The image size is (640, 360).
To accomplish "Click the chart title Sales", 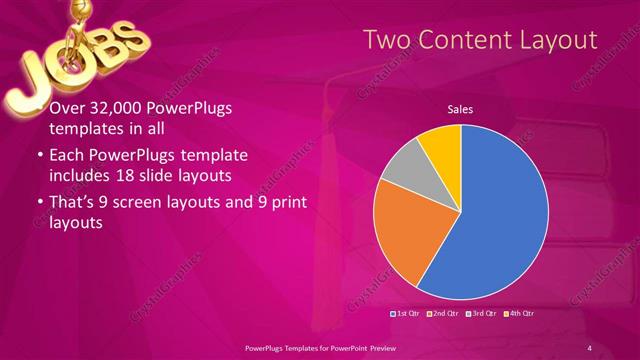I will point(460,109).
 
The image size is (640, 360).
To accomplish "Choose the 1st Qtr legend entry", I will point(405,313).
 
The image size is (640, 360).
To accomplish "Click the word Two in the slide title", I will point(386,40).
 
